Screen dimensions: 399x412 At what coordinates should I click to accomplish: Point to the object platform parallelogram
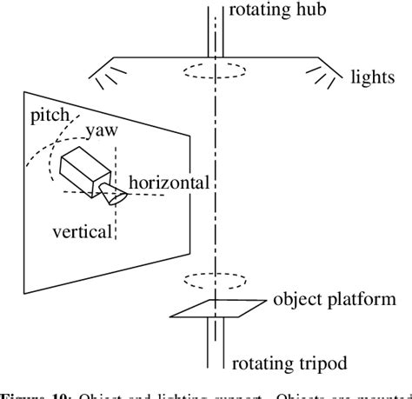[x=216, y=307]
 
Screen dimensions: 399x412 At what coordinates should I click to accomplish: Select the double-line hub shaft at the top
[x=212, y=26]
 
